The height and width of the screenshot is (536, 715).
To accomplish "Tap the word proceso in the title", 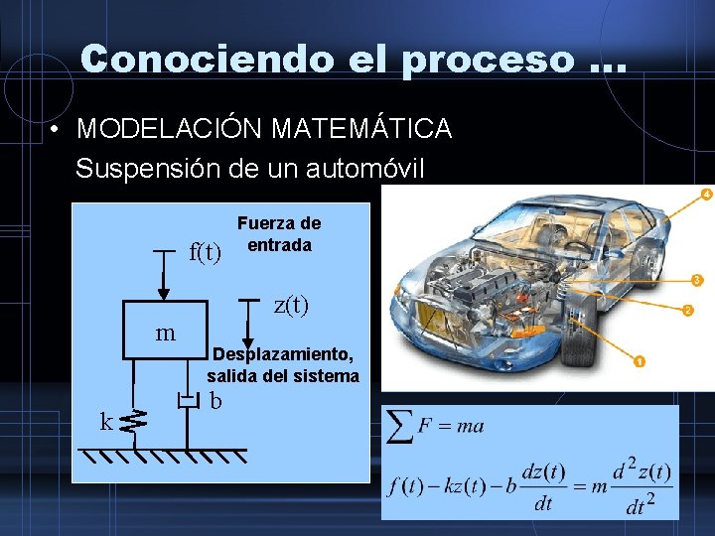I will click(x=488, y=60).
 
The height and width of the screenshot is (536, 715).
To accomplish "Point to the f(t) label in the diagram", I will click(x=205, y=253).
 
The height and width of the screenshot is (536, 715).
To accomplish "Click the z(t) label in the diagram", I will click(x=291, y=306).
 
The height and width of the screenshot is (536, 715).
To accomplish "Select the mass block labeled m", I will click(x=165, y=332).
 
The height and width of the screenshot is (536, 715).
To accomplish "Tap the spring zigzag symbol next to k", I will click(x=134, y=423).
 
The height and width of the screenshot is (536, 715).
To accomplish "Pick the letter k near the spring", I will click(x=106, y=423).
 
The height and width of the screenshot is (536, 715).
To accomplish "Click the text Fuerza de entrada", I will click(x=279, y=235).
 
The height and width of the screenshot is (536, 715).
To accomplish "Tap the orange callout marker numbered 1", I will click(x=640, y=362).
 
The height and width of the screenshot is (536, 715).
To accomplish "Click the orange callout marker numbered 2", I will click(x=687, y=311).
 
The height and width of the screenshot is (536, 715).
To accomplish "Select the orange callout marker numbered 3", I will click(x=697, y=280).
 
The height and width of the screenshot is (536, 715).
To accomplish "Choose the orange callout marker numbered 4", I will click(x=706, y=194).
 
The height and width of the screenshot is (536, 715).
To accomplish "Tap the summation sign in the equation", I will click(x=400, y=427).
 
